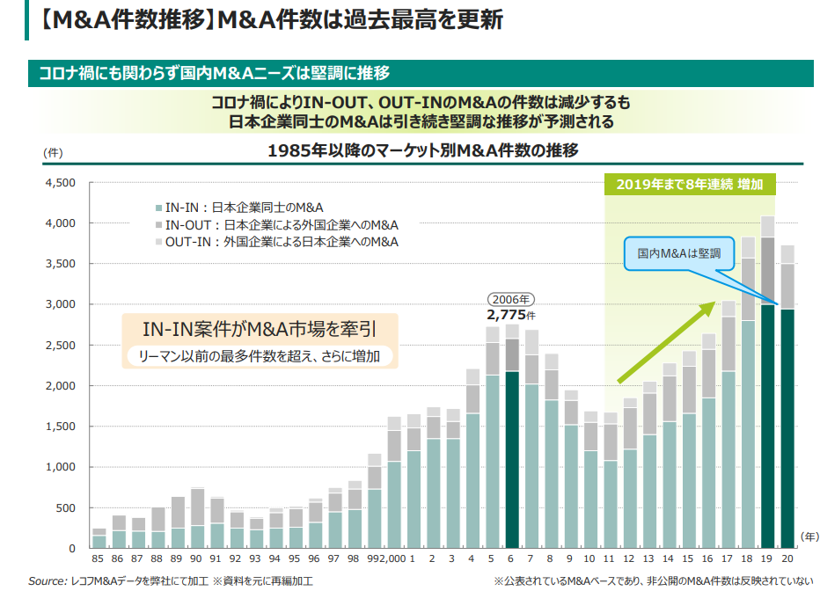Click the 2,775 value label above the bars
click(510, 313)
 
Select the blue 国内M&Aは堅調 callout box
click(678, 252)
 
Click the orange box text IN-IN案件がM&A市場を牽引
click(259, 330)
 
